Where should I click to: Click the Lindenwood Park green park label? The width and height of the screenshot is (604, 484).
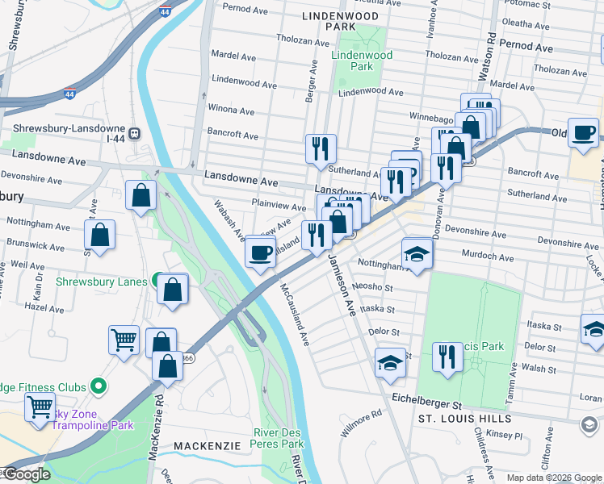pyautogui.click(x=361, y=60)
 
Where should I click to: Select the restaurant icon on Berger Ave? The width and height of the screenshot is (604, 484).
pyautogui.click(x=321, y=148)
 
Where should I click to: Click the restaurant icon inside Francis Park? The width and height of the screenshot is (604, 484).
pyautogui.click(x=447, y=356)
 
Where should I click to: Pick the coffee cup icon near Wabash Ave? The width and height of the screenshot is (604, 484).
pyautogui.click(x=260, y=252)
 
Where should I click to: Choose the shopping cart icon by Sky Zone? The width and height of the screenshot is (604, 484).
pyautogui.click(x=40, y=408)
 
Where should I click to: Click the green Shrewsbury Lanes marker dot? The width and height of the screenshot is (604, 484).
pyautogui.click(x=154, y=282)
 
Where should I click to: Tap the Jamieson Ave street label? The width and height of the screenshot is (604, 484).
pyautogui.click(x=342, y=286)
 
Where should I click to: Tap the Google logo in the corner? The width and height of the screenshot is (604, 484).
pyautogui.click(x=26, y=474)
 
